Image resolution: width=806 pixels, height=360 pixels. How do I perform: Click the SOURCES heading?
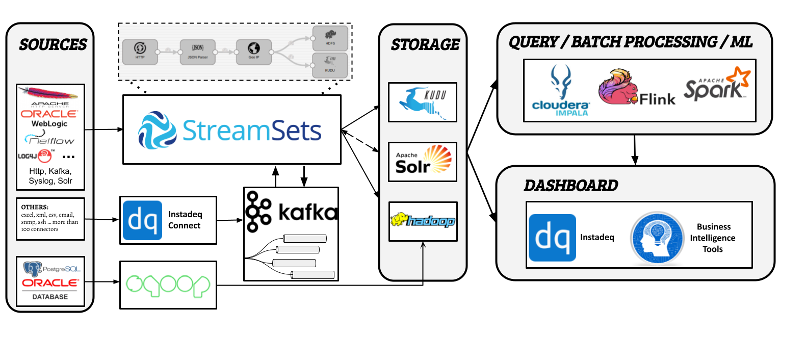coord(53,45)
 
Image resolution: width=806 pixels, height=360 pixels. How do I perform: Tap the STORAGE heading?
coord(425,45)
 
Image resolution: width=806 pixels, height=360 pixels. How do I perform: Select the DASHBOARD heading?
coord(570,186)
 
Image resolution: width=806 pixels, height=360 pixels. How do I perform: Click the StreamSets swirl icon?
coord(158,131)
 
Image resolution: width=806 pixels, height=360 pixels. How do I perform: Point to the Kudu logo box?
coord(422,102)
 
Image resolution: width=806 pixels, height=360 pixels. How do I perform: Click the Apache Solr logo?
coord(423,162)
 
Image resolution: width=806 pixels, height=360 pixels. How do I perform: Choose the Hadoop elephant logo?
coord(423,221)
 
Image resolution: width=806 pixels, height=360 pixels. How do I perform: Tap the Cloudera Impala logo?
coord(561,90)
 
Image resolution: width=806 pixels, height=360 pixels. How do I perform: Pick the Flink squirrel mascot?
coord(618,87)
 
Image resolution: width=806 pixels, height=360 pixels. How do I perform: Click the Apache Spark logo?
coord(717,85)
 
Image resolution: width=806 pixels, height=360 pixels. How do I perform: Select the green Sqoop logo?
coord(168,286)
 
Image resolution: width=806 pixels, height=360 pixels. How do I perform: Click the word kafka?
coord(308,211)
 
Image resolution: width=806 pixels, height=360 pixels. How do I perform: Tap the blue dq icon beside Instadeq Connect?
coord(142,220)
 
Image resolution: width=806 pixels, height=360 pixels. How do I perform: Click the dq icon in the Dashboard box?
coord(552,238)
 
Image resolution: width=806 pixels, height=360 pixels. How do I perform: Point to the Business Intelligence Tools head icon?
coord(657,238)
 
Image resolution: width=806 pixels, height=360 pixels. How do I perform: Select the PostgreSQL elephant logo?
coord(33,269)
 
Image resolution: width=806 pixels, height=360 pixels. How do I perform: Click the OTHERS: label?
coord(35,207)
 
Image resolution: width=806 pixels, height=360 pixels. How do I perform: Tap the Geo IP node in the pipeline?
coord(254,52)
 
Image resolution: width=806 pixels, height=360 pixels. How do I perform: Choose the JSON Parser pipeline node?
coord(198,52)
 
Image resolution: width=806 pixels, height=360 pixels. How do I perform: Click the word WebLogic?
coord(49,124)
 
